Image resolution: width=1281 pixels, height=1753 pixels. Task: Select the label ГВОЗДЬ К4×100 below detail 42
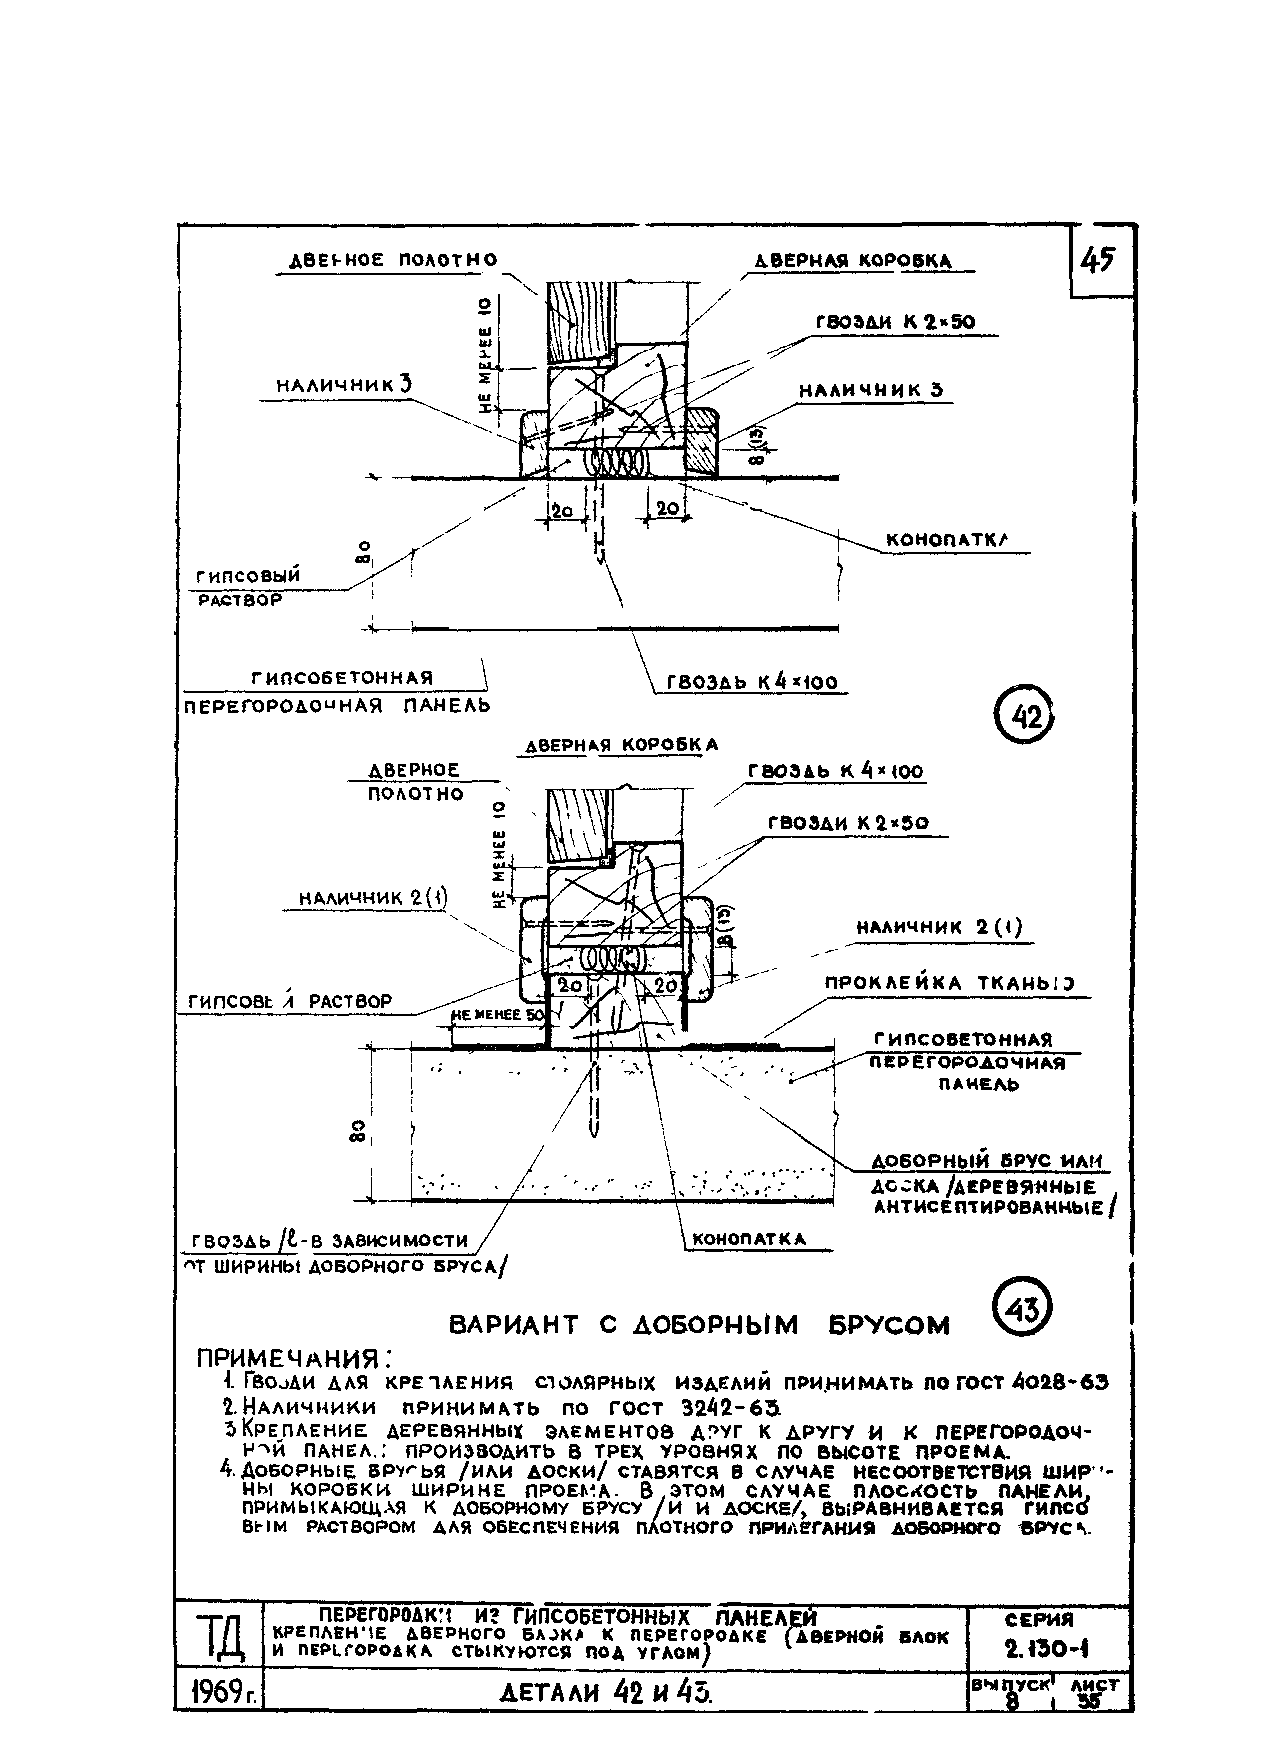coord(751,682)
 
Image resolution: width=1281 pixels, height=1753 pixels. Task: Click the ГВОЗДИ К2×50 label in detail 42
coord(895,322)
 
